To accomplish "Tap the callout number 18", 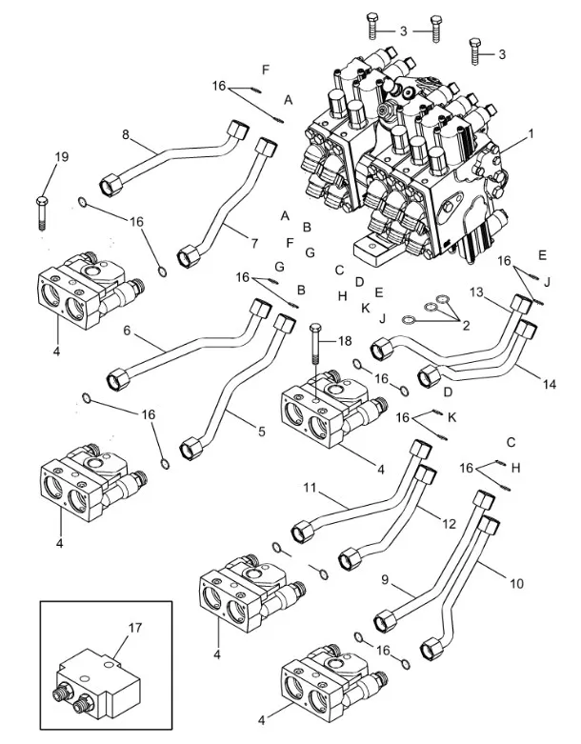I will [343, 340].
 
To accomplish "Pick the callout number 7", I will [252, 243].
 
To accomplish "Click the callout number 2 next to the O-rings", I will [466, 326].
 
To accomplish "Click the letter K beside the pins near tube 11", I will [452, 417].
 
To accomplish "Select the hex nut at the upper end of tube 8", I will [237, 129].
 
